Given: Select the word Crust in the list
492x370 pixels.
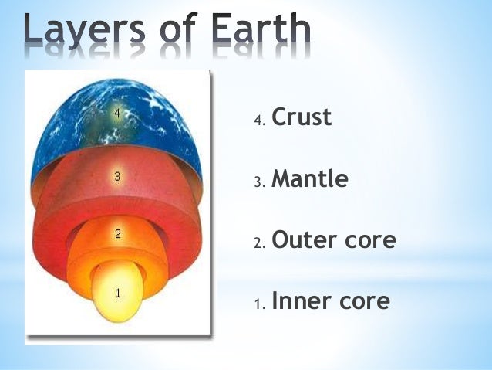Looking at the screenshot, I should (302, 117).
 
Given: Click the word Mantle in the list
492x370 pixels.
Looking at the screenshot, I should (309, 179).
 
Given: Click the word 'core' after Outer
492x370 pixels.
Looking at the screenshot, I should (367, 241).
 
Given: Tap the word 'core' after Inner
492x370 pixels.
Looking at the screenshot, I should (362, 301).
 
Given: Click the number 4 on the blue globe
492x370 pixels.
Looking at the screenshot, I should (117, 113).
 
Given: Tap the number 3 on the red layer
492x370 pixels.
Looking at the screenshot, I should (116, 176).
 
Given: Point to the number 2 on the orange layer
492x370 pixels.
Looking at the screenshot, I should (117, 234).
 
